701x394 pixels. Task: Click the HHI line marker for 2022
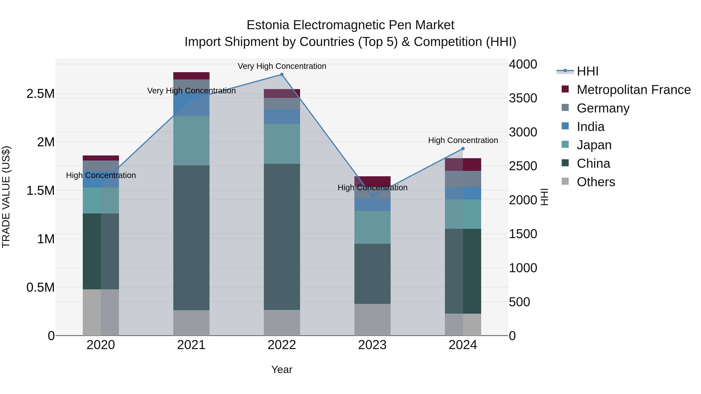point(282,75)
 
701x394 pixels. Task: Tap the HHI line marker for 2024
point(463,149)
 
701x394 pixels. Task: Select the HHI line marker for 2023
point(372,196)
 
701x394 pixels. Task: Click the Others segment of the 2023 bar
point(372,319)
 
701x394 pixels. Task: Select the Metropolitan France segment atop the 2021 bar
point(191,76)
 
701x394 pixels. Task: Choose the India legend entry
point(591,127)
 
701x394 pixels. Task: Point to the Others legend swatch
point(565,181)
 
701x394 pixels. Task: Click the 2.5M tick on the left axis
point(40,94)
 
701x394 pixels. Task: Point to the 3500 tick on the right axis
point(523,98)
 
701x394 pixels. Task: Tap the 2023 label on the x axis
point(372,345)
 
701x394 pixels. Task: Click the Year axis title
point(282,369)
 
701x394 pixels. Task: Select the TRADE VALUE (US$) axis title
point(6,197)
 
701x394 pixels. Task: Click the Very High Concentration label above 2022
point(282,66)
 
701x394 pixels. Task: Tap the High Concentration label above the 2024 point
point(463,140)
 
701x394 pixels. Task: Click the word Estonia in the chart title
point(268,25)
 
